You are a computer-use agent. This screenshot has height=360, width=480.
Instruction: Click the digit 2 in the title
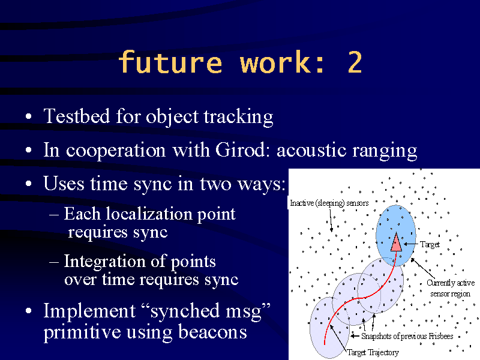(x=355, y=62)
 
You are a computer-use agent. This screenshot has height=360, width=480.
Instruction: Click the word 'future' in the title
(x=170, y=62)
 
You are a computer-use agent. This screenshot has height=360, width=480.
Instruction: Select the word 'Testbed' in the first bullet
(x=77, y=116)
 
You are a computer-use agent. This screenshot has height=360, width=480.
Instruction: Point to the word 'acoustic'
(x=311, y=150)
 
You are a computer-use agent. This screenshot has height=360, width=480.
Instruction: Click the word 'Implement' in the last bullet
(x=89, y=311)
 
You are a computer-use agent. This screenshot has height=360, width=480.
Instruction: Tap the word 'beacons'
(x=212, y=332)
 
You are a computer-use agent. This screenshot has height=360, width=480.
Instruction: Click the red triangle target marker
(x=396, y=242)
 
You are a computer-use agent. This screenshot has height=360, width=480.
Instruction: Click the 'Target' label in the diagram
(x=430, y=244)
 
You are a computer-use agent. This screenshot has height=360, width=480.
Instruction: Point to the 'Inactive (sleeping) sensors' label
(x=329, y=203)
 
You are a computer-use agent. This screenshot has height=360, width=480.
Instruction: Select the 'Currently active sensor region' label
(x=451, y=288)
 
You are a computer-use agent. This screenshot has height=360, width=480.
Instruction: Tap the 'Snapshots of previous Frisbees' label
(x=407, y=336)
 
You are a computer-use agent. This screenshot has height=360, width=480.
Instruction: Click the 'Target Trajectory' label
(x=373, y=352)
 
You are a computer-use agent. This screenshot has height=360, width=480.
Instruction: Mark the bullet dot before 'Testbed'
(x=28, y=116)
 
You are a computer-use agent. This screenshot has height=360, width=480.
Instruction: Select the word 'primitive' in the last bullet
(x=82, y=332)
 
